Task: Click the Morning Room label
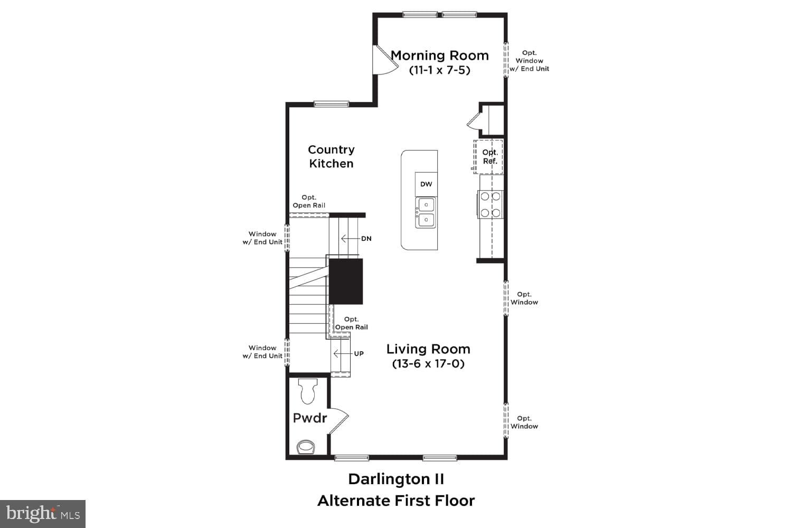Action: click(439, 55)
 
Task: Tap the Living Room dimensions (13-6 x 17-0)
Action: click(428, 364)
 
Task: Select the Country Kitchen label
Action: click(331, 157)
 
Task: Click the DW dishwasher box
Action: click(426, 184)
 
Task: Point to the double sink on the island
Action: click(426, 213)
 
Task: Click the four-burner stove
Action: click(491, 205)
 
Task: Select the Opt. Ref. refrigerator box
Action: click(489, 157)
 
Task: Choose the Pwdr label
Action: click(310, 418)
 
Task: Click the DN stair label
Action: click(366, 239)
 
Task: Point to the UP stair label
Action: click(359, 354)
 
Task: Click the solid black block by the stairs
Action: click(346, 281)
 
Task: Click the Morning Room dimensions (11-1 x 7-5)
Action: click(439, 70)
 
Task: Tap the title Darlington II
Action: click(396, 479)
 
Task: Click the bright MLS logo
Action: click(43, 514)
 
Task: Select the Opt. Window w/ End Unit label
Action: click(529, 61)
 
